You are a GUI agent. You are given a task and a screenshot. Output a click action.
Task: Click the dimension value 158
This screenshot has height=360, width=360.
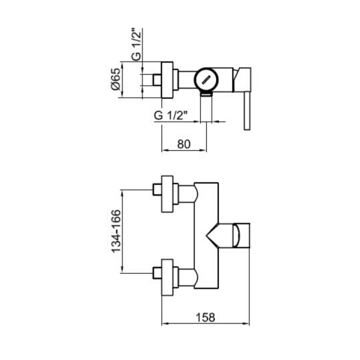pyautogui.click(x=205, y=317)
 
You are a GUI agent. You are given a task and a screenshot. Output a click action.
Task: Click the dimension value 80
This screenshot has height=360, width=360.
pyautogui.click(x=184, y=144)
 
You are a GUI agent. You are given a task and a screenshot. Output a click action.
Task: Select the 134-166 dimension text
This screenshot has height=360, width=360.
pyautogui.click(x=116, y=231)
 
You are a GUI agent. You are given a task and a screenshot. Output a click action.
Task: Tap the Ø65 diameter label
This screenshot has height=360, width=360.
pyautogui.click(x=115, y=79)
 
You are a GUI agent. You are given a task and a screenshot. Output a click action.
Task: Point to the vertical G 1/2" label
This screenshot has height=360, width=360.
pyautogui.click(x=136, y=44)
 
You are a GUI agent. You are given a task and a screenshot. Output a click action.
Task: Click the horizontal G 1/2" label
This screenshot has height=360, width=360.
pyautogui.click(x=169, y=115)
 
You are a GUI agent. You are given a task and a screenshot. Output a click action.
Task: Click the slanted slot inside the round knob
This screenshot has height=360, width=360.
pyautogui.click(x=206, y=80)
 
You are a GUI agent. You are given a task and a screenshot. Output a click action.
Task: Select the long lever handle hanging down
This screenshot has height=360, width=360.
pyautogui.click(x=247, y=112)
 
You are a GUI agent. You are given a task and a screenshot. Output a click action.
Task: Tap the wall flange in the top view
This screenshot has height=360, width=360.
pyautogui.click(x=167, y=80)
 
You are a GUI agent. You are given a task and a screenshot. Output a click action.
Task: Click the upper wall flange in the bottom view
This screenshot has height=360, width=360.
pyautogui.click(x=167, y=194)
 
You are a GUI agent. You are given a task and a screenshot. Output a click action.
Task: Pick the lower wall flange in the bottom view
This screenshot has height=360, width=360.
pyautogui.click(x=167, y=278)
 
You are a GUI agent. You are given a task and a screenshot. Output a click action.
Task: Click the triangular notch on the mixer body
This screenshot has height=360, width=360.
pyautogui.click(x=212, y=235)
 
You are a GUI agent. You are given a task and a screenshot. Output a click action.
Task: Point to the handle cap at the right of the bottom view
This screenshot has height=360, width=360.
pyautogui.click(x=241, y=235)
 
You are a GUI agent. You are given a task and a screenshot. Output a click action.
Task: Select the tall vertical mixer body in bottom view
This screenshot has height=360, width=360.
pyautogui.click(x=206, y=236)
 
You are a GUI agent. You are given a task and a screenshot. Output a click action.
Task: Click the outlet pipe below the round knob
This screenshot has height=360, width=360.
pyautogui.click(x=206, y=107)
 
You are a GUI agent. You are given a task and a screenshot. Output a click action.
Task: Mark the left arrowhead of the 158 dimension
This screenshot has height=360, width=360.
pyautogui.click(x=164, y=324)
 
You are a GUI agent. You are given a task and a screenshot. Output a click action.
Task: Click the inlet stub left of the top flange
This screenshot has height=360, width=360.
pyautogui.click(x=157, y=80)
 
